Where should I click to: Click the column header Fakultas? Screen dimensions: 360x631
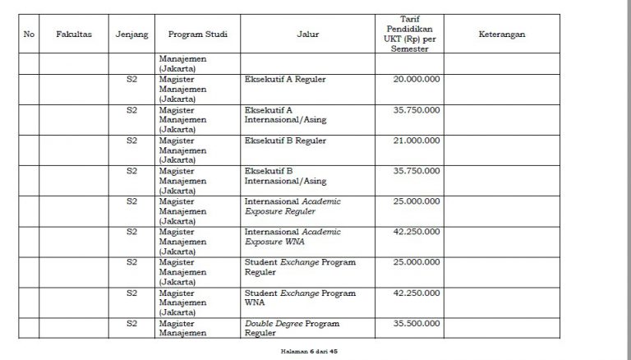[x=73, y=35]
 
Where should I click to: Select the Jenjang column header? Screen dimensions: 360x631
[x=131, y=35]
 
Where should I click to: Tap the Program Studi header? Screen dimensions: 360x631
[x=197, y=35]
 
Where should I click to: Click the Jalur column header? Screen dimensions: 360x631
[x=308, y=35]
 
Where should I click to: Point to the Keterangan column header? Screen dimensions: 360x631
[x=501, y=35]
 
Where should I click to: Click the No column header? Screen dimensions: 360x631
[x=29, y=35]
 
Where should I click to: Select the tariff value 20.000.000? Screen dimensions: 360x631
[x=417, y=80]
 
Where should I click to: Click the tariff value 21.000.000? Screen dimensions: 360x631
[x=417, y=141]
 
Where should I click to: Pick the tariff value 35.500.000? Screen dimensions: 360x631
[x=417, y=324]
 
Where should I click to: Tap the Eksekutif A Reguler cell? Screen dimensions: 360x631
[x=285, y=80]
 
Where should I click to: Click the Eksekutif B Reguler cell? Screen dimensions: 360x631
[x=285, y=141]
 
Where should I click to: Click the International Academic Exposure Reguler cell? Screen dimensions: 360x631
[x=292, y=205]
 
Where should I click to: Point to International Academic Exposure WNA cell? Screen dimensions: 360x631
[x=292, y=236]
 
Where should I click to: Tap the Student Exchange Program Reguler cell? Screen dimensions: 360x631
[x=300, y=266]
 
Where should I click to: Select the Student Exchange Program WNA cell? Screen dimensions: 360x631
[x=300, y=297]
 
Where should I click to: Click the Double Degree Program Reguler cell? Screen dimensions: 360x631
[x=292, y=328]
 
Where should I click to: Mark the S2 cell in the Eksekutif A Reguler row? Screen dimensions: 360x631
[x=131, y=80]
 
